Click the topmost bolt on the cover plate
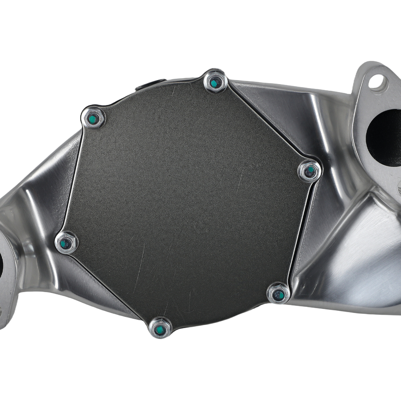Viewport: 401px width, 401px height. pos(215,82)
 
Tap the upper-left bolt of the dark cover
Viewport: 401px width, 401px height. pos(93,118)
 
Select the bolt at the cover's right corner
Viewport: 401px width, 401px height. pos(310,171)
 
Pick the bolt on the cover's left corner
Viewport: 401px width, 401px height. pos(66,243)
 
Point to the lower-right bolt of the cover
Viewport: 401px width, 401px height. pos(278,294)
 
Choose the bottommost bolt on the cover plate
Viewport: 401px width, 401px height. pos(160,328)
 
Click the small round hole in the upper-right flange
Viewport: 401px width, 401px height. pos(376,83)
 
